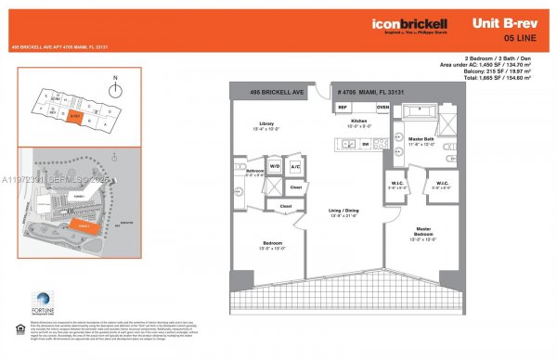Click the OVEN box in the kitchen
coord(382,107)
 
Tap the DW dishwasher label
coord(365,144)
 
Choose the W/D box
coord(275,167)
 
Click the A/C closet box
coord(295,167)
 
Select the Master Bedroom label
coord(422,233)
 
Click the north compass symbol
coord(114,89)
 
